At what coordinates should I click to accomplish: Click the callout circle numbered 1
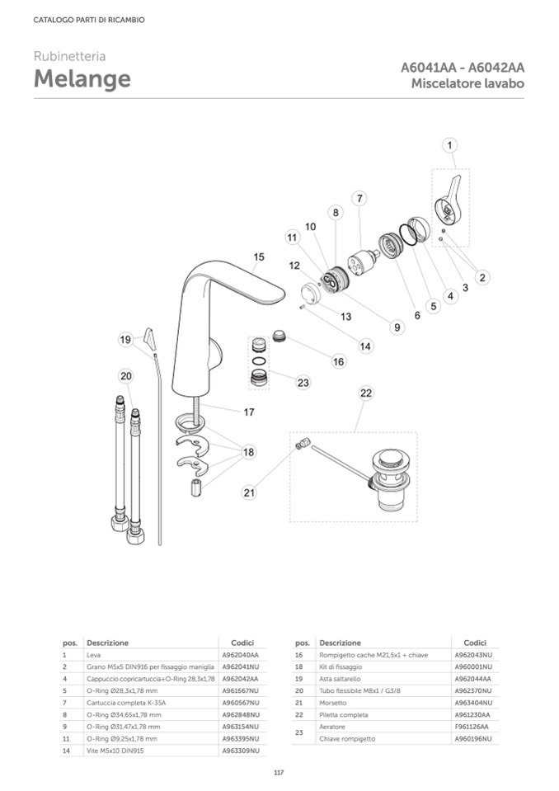[x=450, y=146]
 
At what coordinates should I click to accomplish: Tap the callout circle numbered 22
[x=366, y=393]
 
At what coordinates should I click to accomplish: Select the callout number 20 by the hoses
[x=125, y=376]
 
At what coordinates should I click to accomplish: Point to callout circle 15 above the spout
[x=259, y=257]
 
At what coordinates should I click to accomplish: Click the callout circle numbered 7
[x=360, y=198]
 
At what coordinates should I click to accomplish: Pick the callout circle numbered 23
[x=303, y=383]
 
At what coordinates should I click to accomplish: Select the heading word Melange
[x=82, y=79]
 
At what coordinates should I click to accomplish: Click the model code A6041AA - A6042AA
[x=463, y=68]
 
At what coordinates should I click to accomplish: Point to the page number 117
[x=279, y=772]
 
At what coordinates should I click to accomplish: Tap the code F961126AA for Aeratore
[x=472, y=727]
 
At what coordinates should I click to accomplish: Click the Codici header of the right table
[x=475, y=642]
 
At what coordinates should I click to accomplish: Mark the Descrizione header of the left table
[x=107, y=642]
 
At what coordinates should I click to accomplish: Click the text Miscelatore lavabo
[x=467, y=84]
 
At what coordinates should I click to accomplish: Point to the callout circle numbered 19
[x=125, y=340]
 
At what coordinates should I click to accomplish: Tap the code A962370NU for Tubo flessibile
[x=472, y=690]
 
